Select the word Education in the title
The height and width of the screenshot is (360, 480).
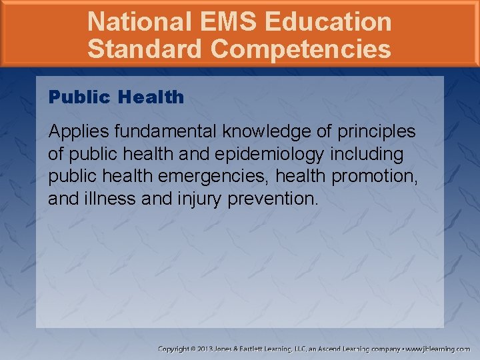[x=327, y=21]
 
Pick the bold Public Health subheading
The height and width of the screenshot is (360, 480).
[x=116, y=97]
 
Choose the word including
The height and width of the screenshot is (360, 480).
[x=371, y=155]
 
